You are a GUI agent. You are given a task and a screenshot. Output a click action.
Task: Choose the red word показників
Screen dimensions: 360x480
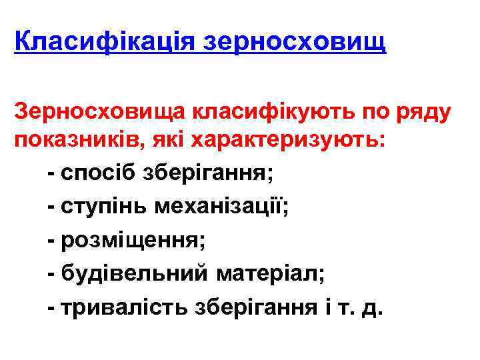coord(84,141)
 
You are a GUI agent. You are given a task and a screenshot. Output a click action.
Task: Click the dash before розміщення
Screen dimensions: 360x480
coord(51,240)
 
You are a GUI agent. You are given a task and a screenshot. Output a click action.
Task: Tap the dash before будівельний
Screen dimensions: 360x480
coord(51,273)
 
